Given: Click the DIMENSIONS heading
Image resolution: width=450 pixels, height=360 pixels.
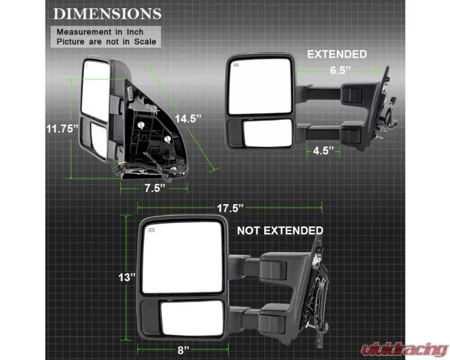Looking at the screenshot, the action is [107, 14].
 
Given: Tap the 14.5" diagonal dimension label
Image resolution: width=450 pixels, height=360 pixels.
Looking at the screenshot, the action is [188, 118].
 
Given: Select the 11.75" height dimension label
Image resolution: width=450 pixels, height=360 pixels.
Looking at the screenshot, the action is [62, 129].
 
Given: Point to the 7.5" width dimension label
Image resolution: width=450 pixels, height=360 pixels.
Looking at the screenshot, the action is [155, 188].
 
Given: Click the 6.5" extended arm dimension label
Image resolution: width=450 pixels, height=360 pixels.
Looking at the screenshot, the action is [340, 70].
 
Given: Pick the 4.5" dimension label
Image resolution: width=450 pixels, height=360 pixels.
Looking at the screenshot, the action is [323, 150].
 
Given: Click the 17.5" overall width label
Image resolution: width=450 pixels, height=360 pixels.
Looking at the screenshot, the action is [230, 208].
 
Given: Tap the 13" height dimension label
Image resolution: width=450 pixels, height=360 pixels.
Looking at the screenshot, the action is [127, 277].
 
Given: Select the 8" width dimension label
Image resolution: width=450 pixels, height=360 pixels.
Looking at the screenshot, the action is [183, 350].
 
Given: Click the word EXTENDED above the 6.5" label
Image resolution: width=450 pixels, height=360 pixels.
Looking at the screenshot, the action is [337, 54].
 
